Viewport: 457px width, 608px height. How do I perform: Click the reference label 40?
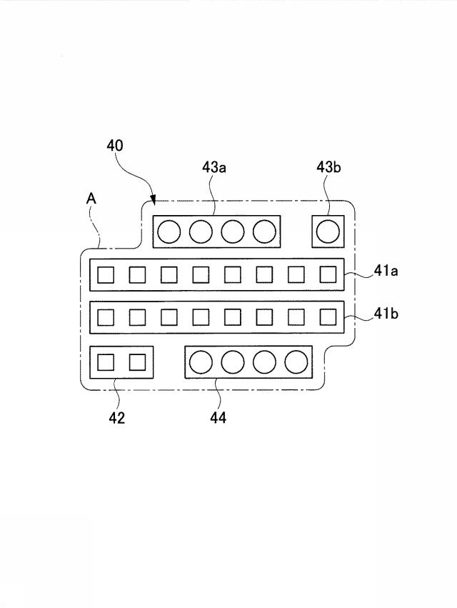[115, 146]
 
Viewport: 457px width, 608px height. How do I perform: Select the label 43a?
[214, 167]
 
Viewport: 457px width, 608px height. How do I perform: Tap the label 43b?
[328, 167]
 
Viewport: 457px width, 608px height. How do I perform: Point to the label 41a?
[386, 271]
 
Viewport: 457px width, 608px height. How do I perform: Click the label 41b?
[386, 314]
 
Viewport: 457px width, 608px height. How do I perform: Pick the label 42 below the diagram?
[116, 418]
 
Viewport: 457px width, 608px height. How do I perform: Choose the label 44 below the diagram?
[219, 418]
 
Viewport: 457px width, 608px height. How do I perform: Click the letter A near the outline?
[91, 199]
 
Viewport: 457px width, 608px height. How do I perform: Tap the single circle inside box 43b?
[328, 231]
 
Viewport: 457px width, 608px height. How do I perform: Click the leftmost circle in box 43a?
[169, 231]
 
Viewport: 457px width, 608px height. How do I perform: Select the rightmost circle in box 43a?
[264, 231]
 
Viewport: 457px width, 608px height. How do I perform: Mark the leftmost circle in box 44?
[201, 362]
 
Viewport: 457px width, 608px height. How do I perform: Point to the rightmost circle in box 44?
[296, 362]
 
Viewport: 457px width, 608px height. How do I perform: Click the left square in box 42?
[106, 362]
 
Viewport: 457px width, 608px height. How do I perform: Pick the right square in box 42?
[137, 362]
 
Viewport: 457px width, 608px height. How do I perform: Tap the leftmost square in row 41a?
[106, 275]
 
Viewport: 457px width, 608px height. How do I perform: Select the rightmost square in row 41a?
[328, 275]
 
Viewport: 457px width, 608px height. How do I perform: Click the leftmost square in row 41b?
[106, 317]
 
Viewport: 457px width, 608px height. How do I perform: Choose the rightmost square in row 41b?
[328, 317]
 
